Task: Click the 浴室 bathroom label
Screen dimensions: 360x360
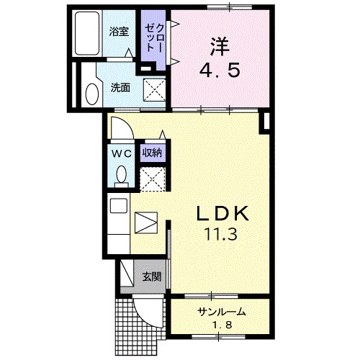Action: click(x=118, y=32)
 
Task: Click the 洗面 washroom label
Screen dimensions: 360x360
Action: click(x=120, y=88)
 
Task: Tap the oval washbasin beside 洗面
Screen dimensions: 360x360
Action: click(x=91, y=91)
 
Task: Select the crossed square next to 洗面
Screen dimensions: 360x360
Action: click(x=153, y=90)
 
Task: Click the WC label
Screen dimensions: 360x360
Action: click(x=120, y=152)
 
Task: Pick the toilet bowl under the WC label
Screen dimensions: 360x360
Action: click(x=121, y=175)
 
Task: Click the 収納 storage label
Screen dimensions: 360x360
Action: click(x=152, y=152)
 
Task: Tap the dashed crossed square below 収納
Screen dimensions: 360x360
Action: click(x=152, y=177)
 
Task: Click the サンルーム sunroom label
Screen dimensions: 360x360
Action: click(x=222, y=312)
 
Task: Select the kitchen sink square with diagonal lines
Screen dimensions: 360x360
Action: click(x=145, y=221)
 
